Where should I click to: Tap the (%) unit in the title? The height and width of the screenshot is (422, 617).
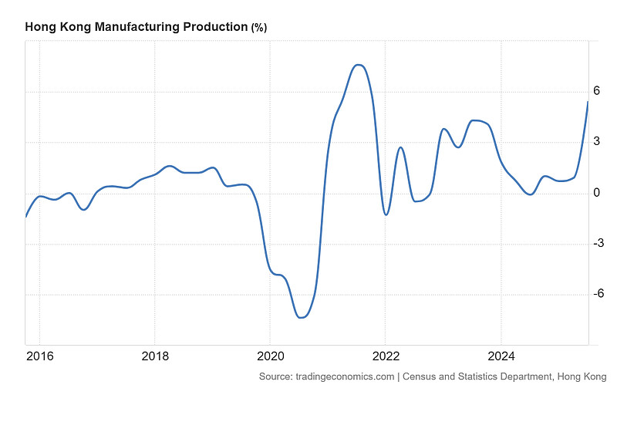[x=259, y=28]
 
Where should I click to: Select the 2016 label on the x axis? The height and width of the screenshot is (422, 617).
[x=40, y=356]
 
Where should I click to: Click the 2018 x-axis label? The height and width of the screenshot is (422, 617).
[x=155, y=356]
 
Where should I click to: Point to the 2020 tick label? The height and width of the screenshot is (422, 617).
[x=271, y=356]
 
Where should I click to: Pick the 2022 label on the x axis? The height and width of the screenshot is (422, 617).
[x=386, y=356]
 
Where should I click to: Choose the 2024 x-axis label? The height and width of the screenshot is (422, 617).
[x=501, y=356]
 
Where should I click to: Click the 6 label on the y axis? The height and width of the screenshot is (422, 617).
[x=596, y=91]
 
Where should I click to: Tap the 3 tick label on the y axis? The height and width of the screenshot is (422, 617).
[x=596, y=141]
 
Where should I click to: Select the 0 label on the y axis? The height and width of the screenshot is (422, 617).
[x=596, y=193]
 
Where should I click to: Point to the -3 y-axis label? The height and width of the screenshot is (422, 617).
[x=598, y=243]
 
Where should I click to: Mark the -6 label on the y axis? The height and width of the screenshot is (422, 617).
[x=598, y=293]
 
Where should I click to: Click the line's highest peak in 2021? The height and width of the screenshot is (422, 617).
[x=359, y=65]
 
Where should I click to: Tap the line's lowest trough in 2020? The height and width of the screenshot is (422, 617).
[x=301, y=317]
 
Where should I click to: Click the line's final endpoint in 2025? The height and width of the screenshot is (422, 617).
[x=588, y=102]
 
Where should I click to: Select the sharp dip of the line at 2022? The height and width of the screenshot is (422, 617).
[x=386, y=214]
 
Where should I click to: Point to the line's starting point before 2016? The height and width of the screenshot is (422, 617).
[x=26, y=217]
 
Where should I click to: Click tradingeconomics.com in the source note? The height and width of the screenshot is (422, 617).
[x=345, y=376]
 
